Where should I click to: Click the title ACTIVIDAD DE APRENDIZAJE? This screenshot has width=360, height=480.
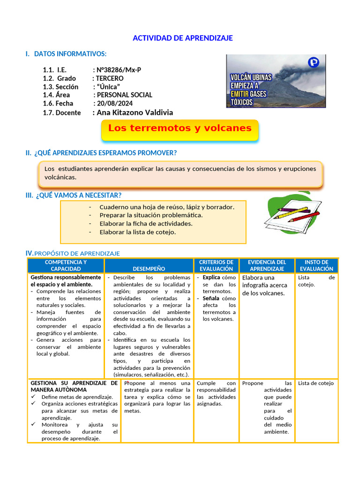[182, 38]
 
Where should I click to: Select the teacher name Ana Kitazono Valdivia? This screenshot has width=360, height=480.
[135, 112]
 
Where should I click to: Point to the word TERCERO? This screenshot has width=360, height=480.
[110, 78]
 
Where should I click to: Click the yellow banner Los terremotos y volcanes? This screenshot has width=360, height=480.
[180, 128]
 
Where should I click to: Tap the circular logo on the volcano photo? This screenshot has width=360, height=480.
[313, 62]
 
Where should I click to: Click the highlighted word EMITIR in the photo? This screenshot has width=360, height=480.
[239, 94]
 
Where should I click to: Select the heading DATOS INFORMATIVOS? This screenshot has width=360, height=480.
[70, 54]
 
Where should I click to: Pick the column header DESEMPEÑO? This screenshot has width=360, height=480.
[149, 269]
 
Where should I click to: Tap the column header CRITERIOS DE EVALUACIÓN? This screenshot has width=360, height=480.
[216, 265]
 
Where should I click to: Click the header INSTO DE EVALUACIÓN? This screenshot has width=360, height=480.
[316, 265]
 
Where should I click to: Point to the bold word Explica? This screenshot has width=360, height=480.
[211, 277]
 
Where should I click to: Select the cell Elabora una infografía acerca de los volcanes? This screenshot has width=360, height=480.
[265, 285]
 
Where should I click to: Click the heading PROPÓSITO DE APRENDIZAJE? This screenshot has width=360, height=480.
[77, 254]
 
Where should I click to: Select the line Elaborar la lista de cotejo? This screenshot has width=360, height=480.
[137, 232]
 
